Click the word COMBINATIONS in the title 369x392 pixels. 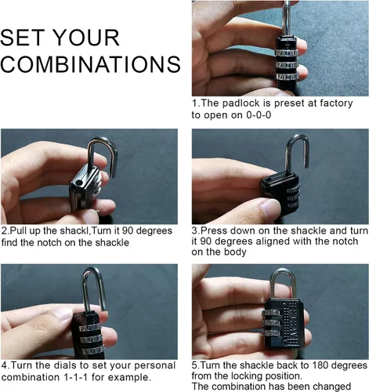point(90,64)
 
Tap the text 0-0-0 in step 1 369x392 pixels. point(259,115)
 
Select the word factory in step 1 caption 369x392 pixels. point(336,103)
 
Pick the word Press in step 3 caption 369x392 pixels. point(215,230)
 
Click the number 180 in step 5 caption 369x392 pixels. point(320,365)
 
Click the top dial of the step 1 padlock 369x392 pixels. point(287,53)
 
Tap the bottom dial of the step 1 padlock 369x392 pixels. point(287,77)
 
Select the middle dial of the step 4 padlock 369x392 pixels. point(91,339)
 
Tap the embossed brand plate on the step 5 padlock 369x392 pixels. point(293,323)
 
